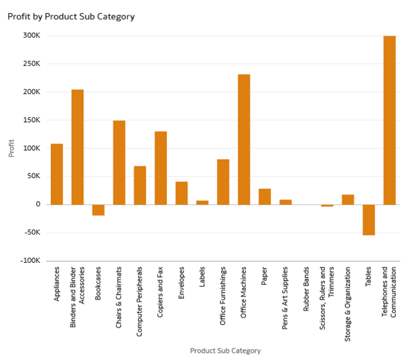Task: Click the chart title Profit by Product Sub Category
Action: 71,16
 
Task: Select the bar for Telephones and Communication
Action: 389,120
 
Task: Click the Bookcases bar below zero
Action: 98,210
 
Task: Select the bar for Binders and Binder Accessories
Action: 78,147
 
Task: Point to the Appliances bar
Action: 57,174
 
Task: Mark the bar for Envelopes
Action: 182,193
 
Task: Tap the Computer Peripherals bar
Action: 140,185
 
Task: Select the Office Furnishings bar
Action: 223,182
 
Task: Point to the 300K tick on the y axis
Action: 31,36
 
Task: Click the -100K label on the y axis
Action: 29,261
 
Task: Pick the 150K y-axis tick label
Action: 31,120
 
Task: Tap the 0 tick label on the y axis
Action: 38,204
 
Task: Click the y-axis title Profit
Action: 11,148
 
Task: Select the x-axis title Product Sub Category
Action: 225,351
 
